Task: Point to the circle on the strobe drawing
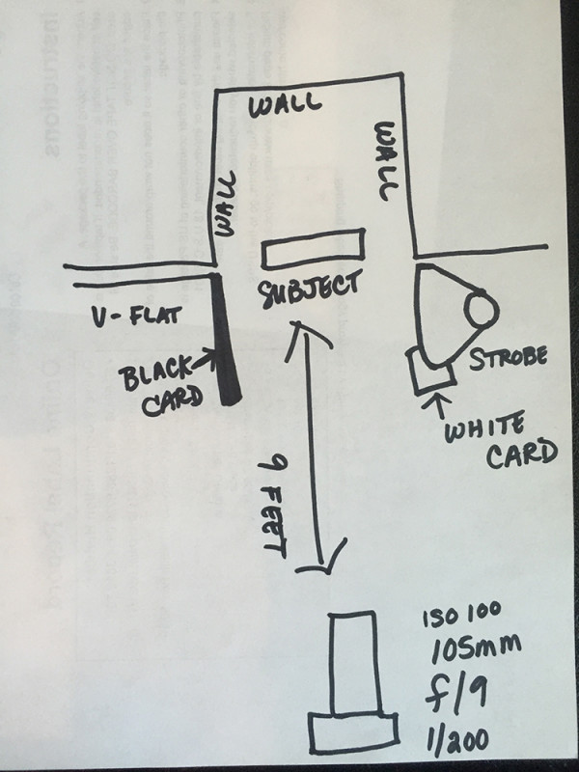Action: click(x=480, y=311)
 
